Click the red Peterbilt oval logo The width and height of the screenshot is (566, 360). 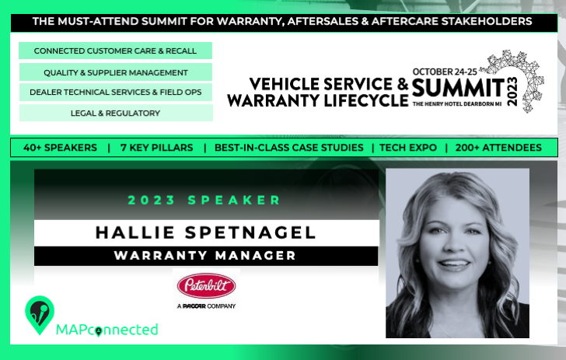[206, 285]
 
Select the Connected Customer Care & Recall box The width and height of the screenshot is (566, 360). [115, 51]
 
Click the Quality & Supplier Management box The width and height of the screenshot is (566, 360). [116, 72]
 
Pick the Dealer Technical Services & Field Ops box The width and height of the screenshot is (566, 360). [116, 92]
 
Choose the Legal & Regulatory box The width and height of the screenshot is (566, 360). [116, 113]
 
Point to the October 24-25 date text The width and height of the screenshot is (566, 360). [445, 72]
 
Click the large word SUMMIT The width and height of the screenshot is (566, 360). [458, 89]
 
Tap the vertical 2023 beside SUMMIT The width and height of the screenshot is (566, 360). [512, 91]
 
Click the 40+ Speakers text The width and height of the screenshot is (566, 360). [60, 148]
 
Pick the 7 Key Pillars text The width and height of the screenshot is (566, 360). [157, 148]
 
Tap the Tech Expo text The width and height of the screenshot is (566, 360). [408, 148]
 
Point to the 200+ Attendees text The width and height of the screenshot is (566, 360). [498, 148]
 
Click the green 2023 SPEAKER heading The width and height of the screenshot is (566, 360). [204, 200]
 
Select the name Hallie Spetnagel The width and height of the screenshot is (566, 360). [206, 232]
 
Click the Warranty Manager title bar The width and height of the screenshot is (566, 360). [206, 256]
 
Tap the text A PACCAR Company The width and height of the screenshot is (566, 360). [206, 306]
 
